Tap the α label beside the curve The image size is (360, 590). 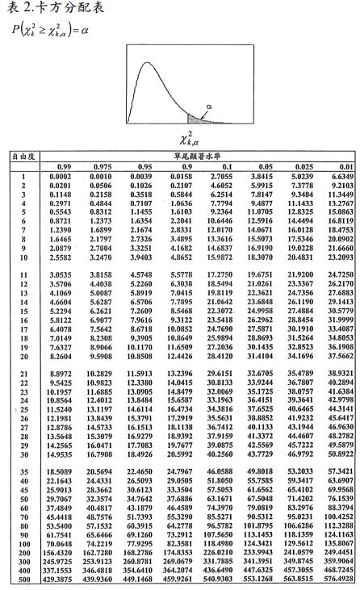pos(211,105)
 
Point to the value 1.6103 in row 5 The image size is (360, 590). pos(180,210)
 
